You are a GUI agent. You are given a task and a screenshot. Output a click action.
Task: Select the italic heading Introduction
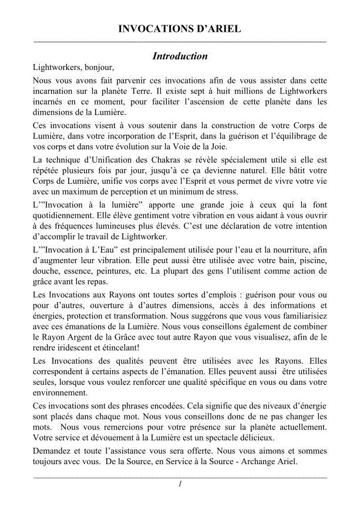point(180,56)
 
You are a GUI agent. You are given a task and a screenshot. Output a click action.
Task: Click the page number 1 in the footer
point(180,484)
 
